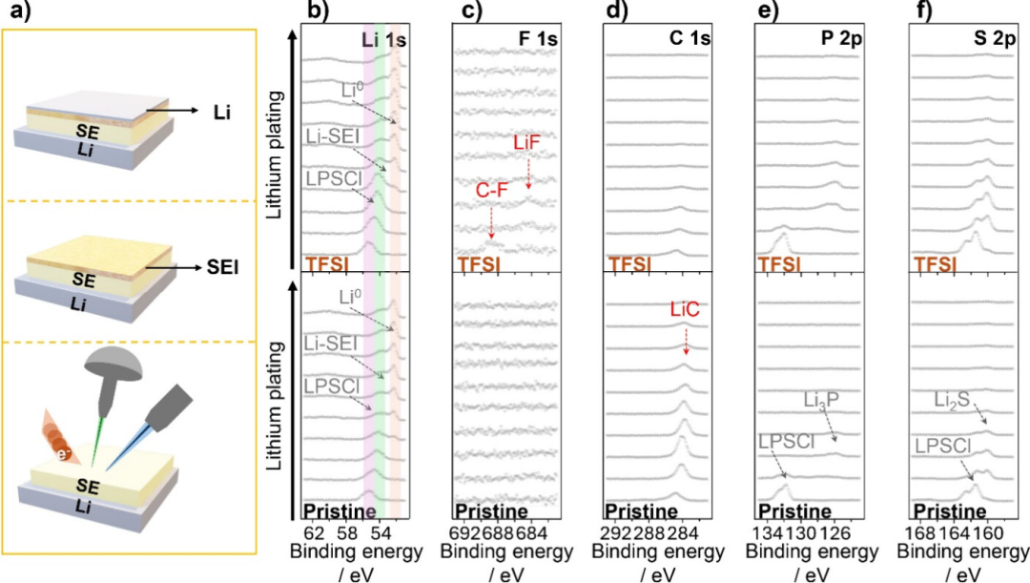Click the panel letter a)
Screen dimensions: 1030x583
coord(15,11)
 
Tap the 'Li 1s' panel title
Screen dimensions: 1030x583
coord(384,39)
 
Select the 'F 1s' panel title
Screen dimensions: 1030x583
coord(538,39)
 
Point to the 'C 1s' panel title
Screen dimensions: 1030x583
coord(690,39)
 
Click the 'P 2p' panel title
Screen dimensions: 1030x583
coord(841,39)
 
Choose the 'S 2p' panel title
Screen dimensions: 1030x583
coord(995,39)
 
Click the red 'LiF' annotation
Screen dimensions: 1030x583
coord(527,142)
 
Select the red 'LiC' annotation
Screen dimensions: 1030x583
coord(685,309)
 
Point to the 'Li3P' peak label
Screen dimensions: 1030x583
coord(821,400)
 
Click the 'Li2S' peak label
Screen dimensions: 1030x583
coord(952,400)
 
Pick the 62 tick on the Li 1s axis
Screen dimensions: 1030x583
coord(314,532)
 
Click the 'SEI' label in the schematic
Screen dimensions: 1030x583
coord(222,267)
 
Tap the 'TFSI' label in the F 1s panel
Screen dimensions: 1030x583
coord(478,265)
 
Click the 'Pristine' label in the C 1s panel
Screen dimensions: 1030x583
coord(641,511)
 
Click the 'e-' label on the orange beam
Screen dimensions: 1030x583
coord(64,453)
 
